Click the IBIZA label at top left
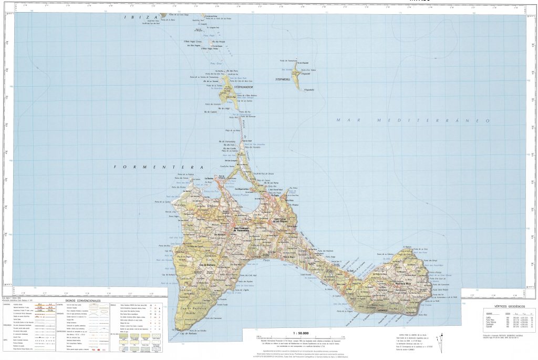[x=133, y=17]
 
